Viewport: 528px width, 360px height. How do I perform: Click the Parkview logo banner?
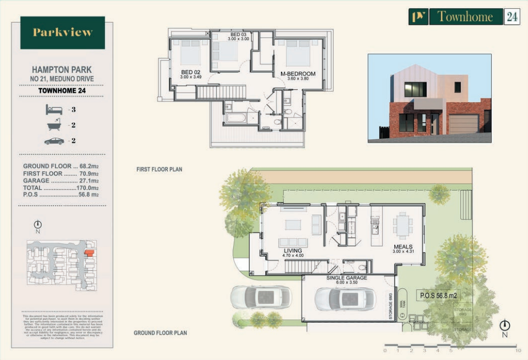coord(63,33)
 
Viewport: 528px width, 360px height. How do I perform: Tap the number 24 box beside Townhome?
coord(511,17)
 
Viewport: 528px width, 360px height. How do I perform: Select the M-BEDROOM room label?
coord(298,74)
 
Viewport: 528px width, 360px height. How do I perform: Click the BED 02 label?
coord(190,72)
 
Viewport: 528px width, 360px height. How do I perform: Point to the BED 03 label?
coord(239,35)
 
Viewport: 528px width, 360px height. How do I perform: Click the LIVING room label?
coord(292,252)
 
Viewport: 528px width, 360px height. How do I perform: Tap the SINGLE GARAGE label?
coord(347,278)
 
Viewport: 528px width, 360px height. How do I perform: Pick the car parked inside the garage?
coord(345,299)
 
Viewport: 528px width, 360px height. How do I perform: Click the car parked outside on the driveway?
coord(260,297)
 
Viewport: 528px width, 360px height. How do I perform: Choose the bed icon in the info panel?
coord(54,109)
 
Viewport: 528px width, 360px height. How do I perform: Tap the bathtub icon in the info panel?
coord(54,126)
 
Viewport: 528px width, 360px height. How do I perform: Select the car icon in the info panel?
coord(54,141)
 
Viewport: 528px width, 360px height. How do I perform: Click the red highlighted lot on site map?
coord(89,253)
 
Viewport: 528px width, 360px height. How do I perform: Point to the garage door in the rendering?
coord(463,124)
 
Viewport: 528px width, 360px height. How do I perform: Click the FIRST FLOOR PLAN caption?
coord(159,169)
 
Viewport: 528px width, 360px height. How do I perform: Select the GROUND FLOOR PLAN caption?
coord(160,333)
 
